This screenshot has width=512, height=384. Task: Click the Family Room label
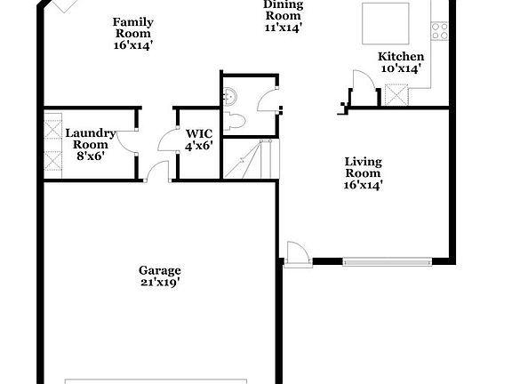[x=133, y=28]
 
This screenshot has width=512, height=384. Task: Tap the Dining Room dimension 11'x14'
[x=284, y=28]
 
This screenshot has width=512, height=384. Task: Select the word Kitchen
[x=395, y=56]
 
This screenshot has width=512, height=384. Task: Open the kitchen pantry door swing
[x=363, y=85]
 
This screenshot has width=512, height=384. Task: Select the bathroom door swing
[x=268, y=99]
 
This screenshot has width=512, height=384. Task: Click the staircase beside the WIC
[x=248, y=159]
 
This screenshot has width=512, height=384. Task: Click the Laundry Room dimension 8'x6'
[x=90, y=155]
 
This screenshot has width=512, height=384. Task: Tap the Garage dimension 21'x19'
[x=160, y=283]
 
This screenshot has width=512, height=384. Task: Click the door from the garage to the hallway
[x=156, y=172]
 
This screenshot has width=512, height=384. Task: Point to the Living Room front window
[x=387, y=261]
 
